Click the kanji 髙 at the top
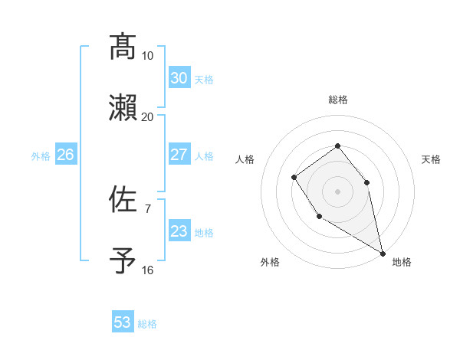[x=123, y=47]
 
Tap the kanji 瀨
[x=123, y=108]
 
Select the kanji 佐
[x=123, y=200]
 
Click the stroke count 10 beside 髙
[x=148, y=56]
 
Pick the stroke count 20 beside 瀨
[x=148, y=116]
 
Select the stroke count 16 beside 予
[x=148, y=270]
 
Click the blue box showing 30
[x=179, y=78]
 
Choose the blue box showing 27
[x=179, y=155]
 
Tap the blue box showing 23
[x=179, y=231]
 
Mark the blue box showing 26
[x=65, y=155]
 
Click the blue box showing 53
[x=123, y=322]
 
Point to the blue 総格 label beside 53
[x=147, y=324]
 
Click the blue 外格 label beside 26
[x=41, y=156]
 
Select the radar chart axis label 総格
[x=337, y=100]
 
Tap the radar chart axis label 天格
[x=431, y=159]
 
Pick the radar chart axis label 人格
[x=245, y=159]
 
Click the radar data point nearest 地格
[x=383, y=253]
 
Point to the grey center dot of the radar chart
[x=337, y=191]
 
